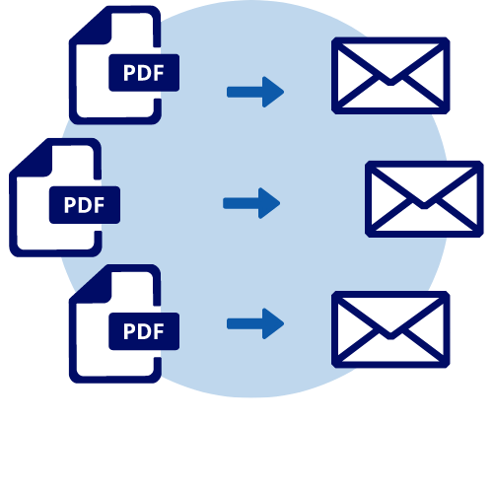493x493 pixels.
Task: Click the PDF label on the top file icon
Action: coord(144,73)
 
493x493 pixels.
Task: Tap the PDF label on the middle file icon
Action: coord(85,205)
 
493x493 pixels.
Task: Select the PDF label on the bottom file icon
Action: coord(144,331)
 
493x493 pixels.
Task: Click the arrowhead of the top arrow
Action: coord(273,92)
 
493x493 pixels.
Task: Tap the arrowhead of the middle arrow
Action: coord(269,203)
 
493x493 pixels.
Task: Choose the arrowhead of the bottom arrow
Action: coord(273,323)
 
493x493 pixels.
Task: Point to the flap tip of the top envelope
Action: coord(390,82)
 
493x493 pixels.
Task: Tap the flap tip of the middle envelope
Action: coord(424,205)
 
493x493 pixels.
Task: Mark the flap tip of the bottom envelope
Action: coord(390,336)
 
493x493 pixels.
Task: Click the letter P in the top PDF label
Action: coord(129,73)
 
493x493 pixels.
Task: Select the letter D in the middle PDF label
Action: coord(84,205)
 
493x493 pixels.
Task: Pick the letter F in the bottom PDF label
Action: coord(159,331)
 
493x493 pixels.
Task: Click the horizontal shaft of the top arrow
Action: coord(245,92)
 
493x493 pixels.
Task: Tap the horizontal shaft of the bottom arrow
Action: coord(245,323)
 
